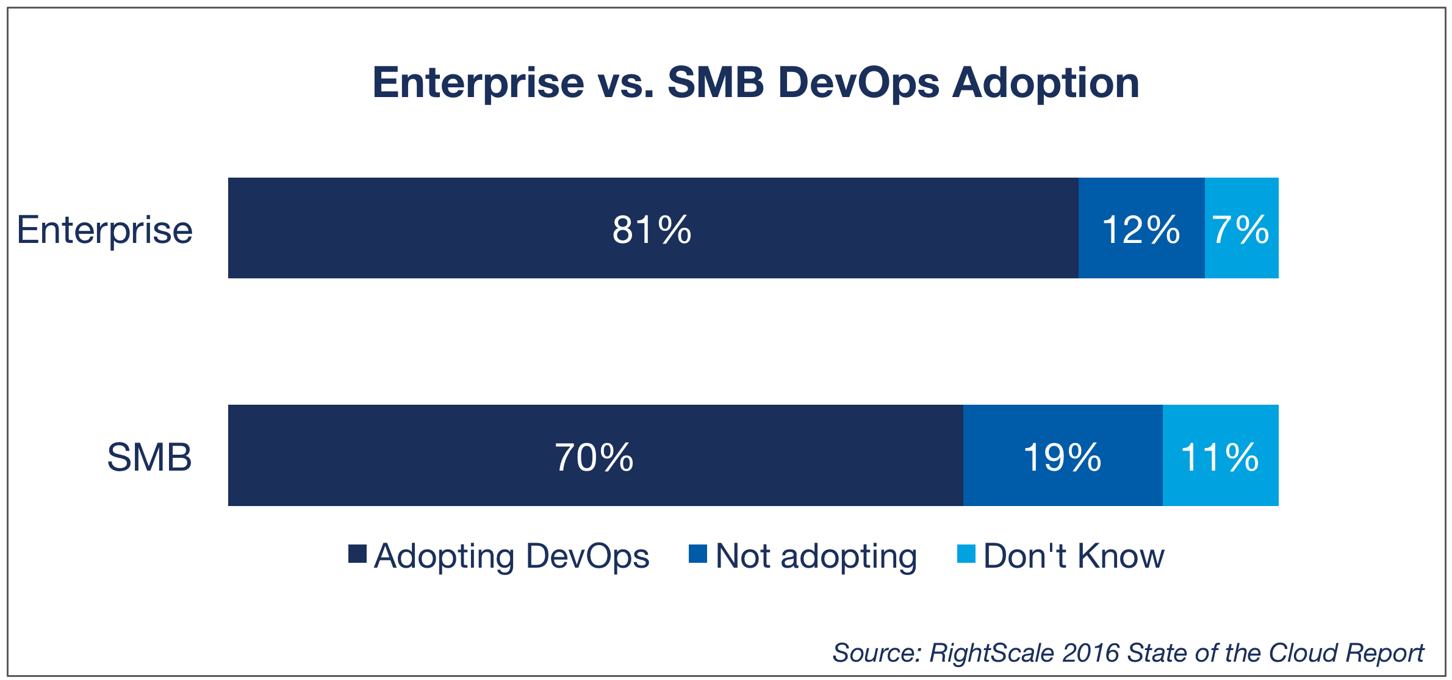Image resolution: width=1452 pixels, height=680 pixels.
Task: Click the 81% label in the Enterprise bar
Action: click(652, 230)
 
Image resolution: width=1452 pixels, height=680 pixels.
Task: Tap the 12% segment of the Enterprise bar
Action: click(1141, 230)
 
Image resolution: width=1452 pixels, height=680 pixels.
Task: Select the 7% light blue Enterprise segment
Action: click(1240, 230)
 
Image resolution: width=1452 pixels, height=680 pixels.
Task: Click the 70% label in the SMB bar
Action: click(594, 457)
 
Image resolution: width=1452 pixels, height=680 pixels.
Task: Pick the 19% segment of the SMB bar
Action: click(1062, 457)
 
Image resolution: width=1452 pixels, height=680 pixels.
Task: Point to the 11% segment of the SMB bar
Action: click(1220, 457)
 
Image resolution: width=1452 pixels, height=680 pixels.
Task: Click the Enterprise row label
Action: click(104, 230)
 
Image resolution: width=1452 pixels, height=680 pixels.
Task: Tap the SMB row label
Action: click(149, 457)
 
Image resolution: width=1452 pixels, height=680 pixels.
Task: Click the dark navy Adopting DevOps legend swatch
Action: click(358, 554)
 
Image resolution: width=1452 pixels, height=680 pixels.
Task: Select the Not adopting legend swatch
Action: click(697, 554)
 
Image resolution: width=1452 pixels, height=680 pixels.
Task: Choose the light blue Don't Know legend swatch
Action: click(966, 554)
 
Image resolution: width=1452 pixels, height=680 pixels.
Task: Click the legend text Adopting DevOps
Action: click(511, 556)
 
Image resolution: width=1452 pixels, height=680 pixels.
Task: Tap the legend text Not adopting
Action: click(816, 556)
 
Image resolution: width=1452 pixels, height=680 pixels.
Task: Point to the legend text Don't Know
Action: click(1074, 556)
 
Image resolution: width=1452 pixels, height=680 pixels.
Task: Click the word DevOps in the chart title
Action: click(858, 82)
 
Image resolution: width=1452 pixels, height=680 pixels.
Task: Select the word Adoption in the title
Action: click(1046, 82)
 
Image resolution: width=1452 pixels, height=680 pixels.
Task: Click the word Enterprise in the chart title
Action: click(478, 82)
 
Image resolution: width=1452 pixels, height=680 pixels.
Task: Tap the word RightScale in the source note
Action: click(991, 653)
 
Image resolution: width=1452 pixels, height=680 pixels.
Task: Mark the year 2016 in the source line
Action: click(1090, 653)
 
